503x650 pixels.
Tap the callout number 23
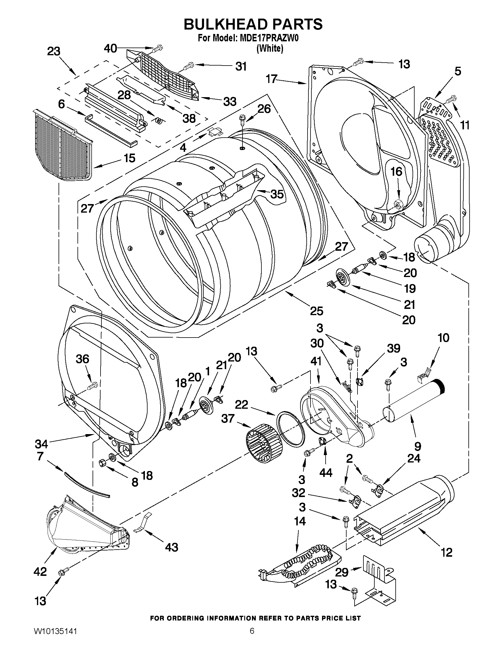click(x=54, y=51)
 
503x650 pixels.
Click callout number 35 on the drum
click(x=276, y=194)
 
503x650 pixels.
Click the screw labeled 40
click(x=159, y=47)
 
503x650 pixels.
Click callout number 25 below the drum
click(x=316, y=311)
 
